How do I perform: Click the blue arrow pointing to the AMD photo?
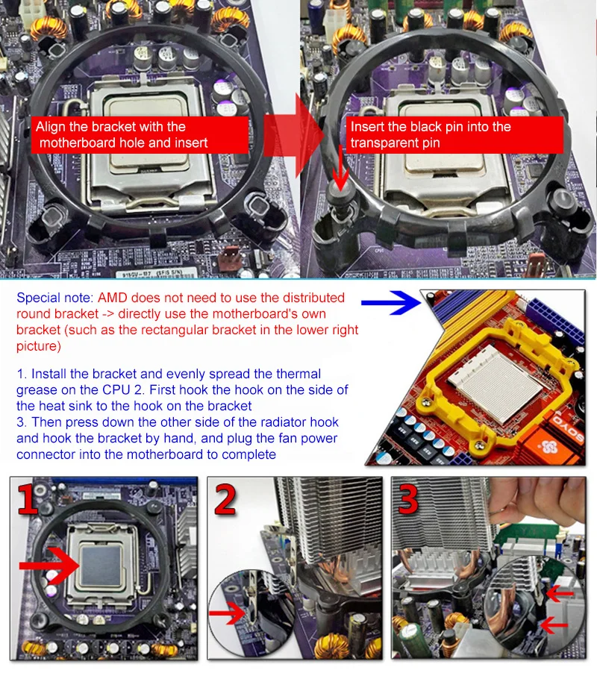coord(391,303)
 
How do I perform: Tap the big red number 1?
coord(28,499)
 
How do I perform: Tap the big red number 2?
coord(225,499)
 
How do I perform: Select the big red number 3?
coord(407,499)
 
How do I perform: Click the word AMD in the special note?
coord(113,298)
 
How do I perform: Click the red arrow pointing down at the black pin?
coord(341,168)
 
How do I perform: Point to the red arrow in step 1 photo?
coord(49,565)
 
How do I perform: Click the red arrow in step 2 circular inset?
coord(228,613)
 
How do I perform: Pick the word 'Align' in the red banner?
coord(51,127)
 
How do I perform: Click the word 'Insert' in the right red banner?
coord(367,127)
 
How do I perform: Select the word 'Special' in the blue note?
coord(38,298)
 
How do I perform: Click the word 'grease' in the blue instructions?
coord(37,390)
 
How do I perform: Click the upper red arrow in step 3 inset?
coord(560,594)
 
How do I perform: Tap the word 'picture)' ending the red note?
coord(39,347)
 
